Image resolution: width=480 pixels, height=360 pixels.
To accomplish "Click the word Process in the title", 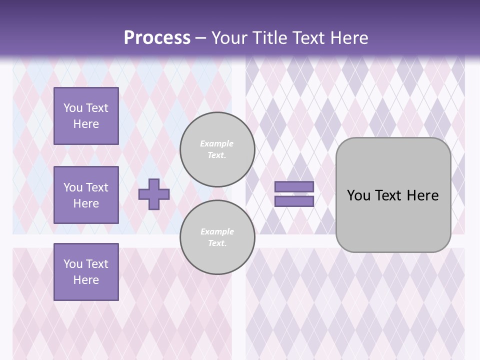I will click(157, 38).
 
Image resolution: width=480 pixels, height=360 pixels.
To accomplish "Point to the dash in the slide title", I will click(200, 38).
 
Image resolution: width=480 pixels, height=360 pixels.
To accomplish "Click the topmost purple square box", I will click(86, 116).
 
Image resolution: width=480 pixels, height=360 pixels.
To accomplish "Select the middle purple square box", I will click(86, 195).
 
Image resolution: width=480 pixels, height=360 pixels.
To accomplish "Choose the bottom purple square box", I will click(86, 272).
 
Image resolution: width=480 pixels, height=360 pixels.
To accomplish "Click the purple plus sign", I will click(154, 194).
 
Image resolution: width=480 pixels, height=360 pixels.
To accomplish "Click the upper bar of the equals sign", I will click(294, 187).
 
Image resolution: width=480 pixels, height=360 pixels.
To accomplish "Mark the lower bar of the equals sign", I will click(294, 201).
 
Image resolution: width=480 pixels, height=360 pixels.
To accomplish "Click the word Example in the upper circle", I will click(217, 144).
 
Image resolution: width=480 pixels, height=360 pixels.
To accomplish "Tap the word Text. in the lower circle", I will click(217, 243).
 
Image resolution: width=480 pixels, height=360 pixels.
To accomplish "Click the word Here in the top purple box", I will click(86, 124).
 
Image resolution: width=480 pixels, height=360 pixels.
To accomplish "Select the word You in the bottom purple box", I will click(73, 264).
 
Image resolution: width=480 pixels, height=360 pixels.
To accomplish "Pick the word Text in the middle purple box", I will click(97, 187).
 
